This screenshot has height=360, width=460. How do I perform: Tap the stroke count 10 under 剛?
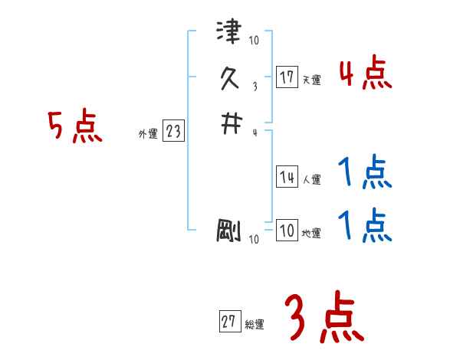pyautogui.click(x=254, y=240)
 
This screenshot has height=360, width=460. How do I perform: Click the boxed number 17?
pyautogui.click(x=287, y=77)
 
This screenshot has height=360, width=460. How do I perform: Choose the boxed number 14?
pyautogui.click(x=287, y=178)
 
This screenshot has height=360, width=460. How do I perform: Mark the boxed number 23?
pyautogui.click(x=173, y=132)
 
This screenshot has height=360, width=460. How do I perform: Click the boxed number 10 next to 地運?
pyautogui.click(x=287, y=231)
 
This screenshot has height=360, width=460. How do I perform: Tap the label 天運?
pyautogui.click(x=312, y=80)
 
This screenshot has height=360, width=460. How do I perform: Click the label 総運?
pyautogui.click(x=254, y=325)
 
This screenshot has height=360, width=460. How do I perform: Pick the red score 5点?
pyautogui.click(x=75, y=127)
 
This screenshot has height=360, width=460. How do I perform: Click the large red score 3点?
pyautogui.click(x=324, y=319)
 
